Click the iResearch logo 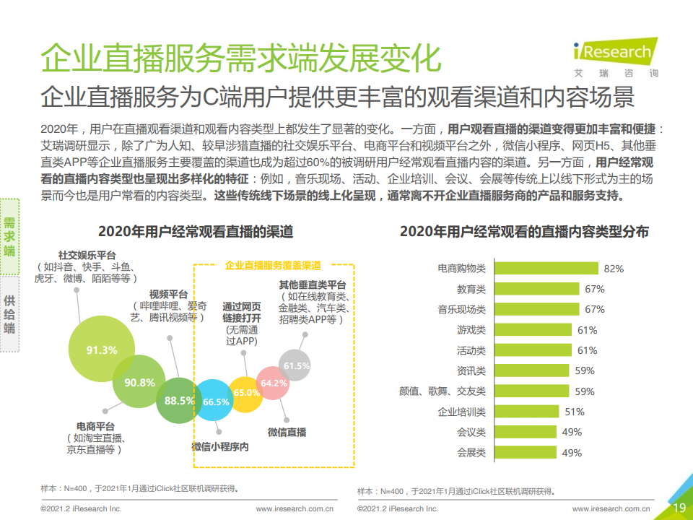tap(616, 57)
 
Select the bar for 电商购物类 tap(546, 268)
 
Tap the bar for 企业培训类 tap(527, 411)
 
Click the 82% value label tap(614, 269)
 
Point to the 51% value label tap(575, 412)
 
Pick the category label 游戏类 tap(471, 330)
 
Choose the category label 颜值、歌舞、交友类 tap(442, 391)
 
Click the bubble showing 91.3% tap(102, 349)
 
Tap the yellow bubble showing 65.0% tap(245, 394)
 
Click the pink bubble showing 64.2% tap(273, 383)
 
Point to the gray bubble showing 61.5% tap(295, 365)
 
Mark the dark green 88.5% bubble tap(178, 401)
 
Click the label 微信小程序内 tap(220, 446)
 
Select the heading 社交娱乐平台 tap(87, 255)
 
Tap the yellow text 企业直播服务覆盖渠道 tap(273, 265)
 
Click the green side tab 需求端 tap(9, 237)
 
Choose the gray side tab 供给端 tap(9, 314)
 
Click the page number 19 tap(679, 508)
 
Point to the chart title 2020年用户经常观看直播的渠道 tap(196, 231)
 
